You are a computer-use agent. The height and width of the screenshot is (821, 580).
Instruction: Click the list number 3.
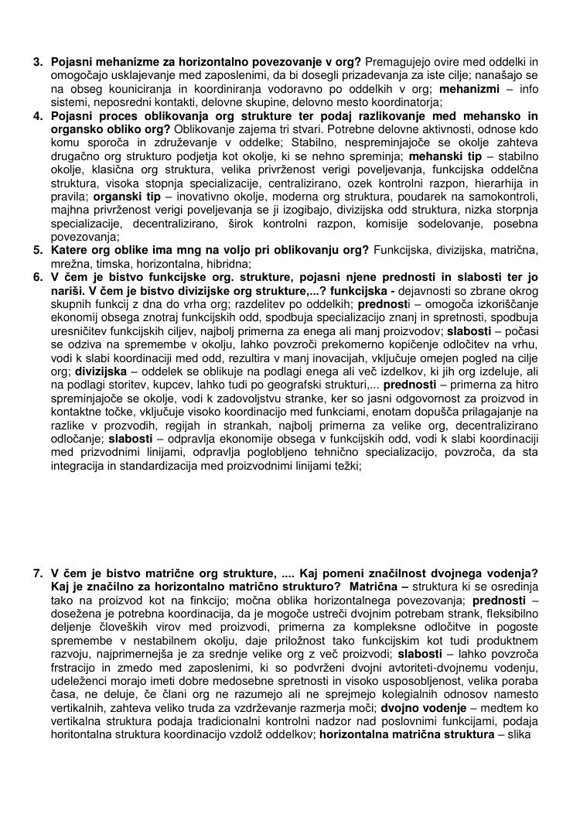point(36,61)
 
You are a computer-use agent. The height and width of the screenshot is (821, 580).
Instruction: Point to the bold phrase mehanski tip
point(445,157)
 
